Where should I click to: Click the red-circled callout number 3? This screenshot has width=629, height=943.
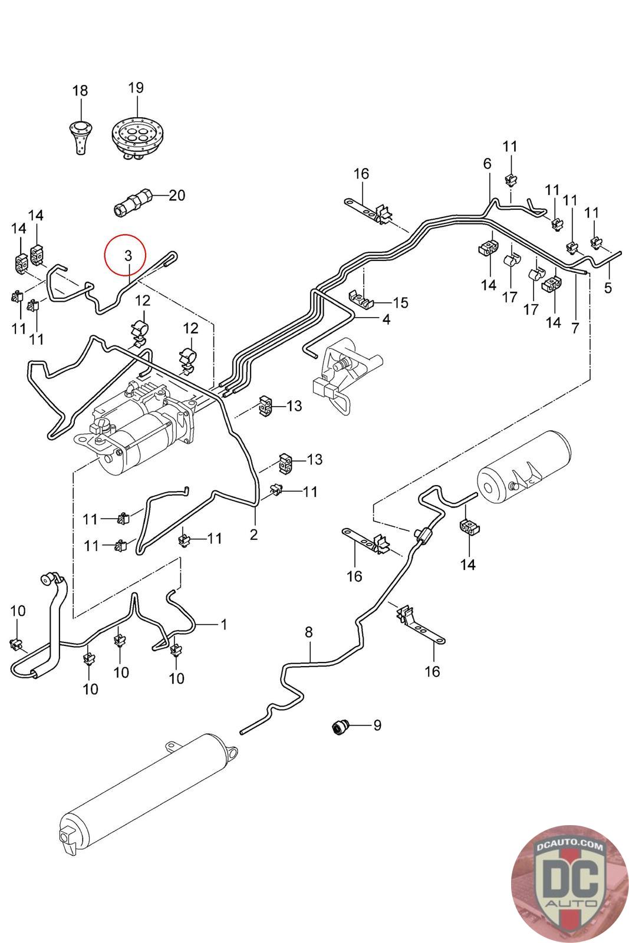click(x=128, y=255)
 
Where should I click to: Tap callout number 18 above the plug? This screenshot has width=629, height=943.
click(x=80, y=91)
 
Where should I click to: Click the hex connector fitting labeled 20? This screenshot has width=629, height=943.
click(x=133, y=202)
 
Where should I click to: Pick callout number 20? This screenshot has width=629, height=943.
click(x=177, y=195)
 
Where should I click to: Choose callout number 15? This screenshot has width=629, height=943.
click(x=400, y=302)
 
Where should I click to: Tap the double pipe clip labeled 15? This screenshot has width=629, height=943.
click(x=361, y=298)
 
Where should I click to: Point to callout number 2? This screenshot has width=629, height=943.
click(x=253, y=534)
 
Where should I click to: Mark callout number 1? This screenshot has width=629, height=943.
click(x=224, y=624)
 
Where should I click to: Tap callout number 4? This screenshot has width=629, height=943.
click(x=386, y=319)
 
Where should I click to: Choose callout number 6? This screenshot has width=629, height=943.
click(x=487, y=163)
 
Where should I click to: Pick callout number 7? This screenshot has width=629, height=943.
click(x=575, y=328)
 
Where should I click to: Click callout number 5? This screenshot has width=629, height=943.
click(x=608, y=288)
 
